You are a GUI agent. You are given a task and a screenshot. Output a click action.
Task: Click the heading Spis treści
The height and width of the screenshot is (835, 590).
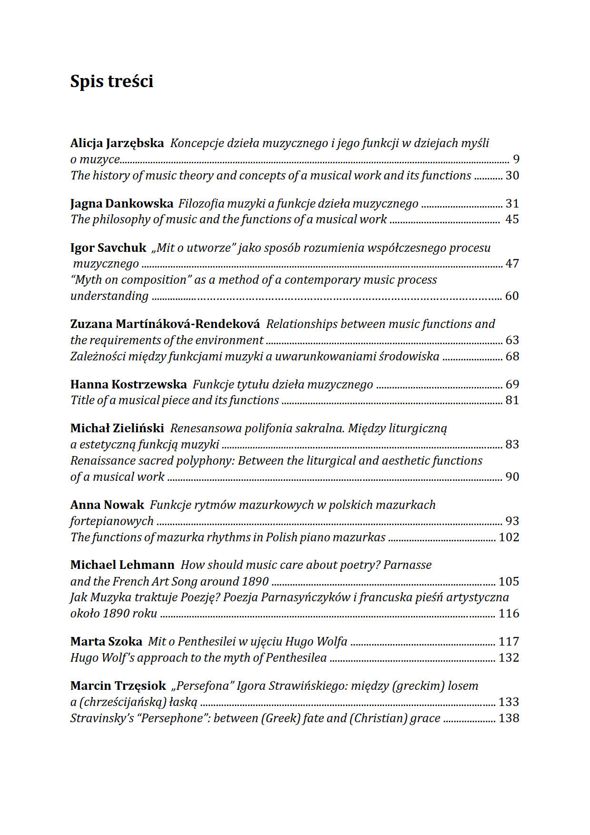(112, 81)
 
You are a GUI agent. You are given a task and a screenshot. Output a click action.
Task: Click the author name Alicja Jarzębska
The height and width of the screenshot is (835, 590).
(117, 143)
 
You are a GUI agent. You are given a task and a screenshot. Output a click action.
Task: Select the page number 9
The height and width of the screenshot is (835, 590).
(516, 159)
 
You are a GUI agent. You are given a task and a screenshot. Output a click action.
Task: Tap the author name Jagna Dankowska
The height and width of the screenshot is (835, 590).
(121, 204)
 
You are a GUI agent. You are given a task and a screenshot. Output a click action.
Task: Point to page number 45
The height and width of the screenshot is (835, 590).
(512, 219)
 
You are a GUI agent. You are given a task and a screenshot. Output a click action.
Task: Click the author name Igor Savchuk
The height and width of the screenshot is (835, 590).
(108, 248)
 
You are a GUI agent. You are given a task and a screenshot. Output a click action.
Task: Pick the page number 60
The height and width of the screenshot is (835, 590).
(512, 296)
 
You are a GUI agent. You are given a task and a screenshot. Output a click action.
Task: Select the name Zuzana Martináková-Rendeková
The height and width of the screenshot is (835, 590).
(165, 324)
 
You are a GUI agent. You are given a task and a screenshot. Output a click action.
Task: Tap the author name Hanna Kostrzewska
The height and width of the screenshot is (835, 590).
(128, 385)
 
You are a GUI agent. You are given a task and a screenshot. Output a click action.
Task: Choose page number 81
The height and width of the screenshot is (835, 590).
(512, 400)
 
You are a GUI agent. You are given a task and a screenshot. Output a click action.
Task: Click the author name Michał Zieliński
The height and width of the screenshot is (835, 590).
(117, 428)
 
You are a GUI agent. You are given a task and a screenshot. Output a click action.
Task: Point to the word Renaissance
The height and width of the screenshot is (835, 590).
(102, 461)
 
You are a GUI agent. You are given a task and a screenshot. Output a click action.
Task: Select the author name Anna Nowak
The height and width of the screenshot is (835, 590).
(107, 505)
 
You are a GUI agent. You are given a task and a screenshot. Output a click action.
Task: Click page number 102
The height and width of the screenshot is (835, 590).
(509, 537)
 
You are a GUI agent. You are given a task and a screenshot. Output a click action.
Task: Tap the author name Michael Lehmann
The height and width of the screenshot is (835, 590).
(122, 565)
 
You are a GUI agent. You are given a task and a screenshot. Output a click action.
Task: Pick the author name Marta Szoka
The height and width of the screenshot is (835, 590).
(106, 642)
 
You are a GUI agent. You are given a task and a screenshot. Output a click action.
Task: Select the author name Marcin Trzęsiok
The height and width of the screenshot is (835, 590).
(118, 686)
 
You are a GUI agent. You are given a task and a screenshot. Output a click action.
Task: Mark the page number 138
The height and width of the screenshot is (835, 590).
(509, 718)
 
